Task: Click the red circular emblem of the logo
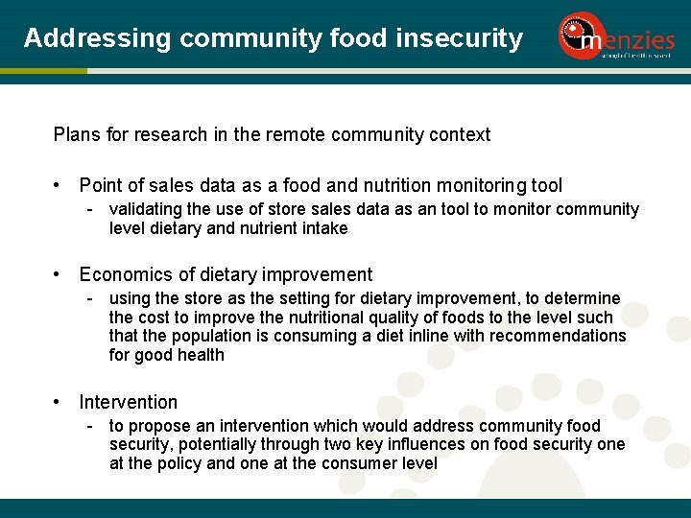[578, 35]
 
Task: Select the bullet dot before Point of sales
[60, 186]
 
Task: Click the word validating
[146, 209]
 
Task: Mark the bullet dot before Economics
[60, 275]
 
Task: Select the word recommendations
[558, 336]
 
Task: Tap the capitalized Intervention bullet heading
[129, 403]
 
